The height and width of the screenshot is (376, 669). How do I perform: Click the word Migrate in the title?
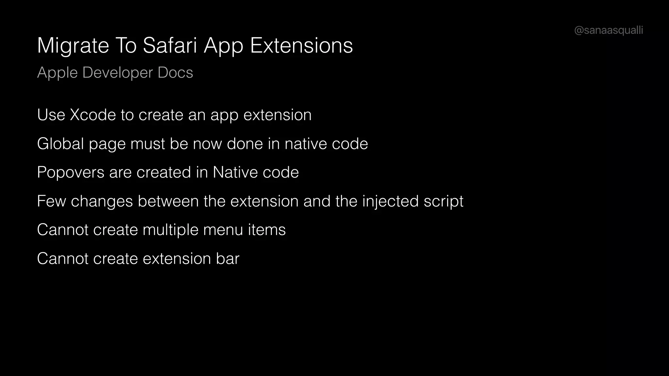[x=73, y=46]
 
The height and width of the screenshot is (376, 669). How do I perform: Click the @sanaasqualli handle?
[x=608, y=30]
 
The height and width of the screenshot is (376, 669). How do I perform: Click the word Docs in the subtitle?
[x=175, y=72]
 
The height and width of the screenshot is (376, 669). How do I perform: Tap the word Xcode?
[x=93, y=115]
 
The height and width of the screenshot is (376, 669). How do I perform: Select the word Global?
[x=60, y=144]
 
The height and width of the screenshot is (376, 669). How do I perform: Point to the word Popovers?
[x=71, y=172]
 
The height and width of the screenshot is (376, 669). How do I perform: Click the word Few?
[x=51, y=201]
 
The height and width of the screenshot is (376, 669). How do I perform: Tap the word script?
[x=443, y=201]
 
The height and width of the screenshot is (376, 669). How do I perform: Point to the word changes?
[x=102, y=201]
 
